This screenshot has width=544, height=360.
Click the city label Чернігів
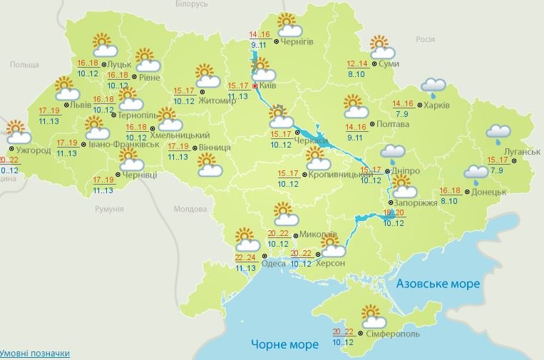298,43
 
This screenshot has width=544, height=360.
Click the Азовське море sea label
438,284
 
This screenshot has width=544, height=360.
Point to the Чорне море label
284,345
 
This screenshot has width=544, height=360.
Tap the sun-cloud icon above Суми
382,48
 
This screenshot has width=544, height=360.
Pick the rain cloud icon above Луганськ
498,133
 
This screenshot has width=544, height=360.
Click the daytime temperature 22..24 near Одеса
245,257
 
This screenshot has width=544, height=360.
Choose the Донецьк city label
489,192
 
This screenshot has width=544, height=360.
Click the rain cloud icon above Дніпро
392,153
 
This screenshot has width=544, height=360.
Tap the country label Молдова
190,210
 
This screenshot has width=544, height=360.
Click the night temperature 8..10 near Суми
356,73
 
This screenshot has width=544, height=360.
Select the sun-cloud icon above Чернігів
288,26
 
